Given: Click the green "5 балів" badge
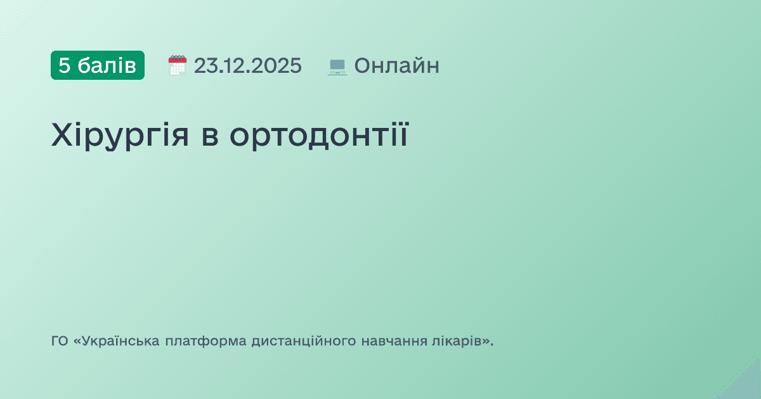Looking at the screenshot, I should pyautogui.click(x=98, y=65).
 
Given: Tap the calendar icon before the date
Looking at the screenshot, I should pyautogui.click(x=178, y=65).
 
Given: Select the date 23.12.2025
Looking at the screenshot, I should pyautogui.click(x=248, y=65).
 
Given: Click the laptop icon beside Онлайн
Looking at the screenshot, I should pyautogui.click(x=337, y=66).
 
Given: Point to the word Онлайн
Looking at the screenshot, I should pyautogui.click(x=396, y=65).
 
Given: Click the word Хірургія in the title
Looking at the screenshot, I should pyautogui.click(x=120, y=136).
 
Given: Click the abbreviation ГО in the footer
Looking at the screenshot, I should pyautogui.click(x=59, y=341).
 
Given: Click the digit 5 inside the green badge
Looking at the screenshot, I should pyautogui.click(x=64, y=65).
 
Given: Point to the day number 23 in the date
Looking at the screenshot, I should pyautogui.click(x=203, y=65).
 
